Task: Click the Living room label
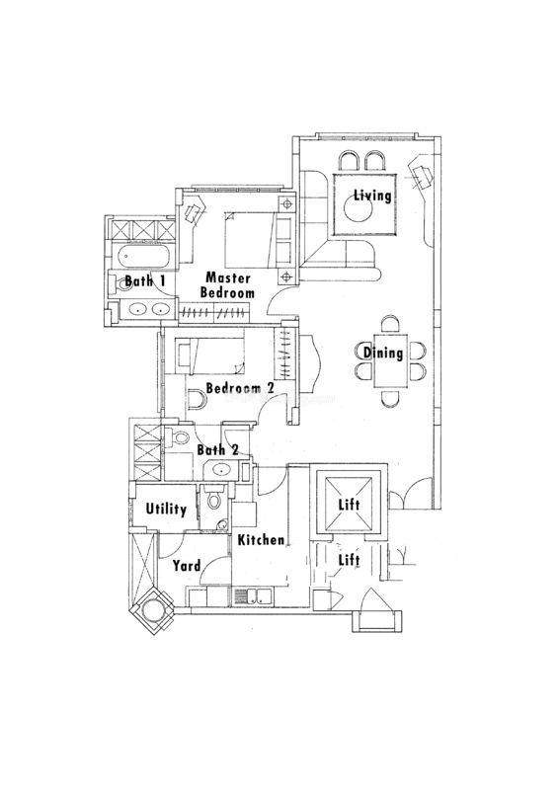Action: tap(372, 195)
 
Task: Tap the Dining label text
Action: tap(383, 353)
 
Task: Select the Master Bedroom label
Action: tap(227, 285)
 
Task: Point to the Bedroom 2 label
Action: tap(240, 388)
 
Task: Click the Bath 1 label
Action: tap(145, 280)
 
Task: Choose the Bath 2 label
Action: tap(217, 450)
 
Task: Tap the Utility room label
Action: tap(166, 509)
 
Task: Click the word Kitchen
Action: tap(261, 540)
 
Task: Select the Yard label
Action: tap(187, 566)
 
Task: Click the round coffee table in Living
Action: tap(359, 208)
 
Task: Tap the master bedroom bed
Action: tap(251, 240)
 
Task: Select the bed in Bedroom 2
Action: tap(209, 356)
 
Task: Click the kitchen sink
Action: tap(253, 596)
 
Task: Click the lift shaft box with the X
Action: tap(349, 505)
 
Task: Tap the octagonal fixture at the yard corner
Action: tap(152, 611)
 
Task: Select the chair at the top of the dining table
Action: tap(391, 325)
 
